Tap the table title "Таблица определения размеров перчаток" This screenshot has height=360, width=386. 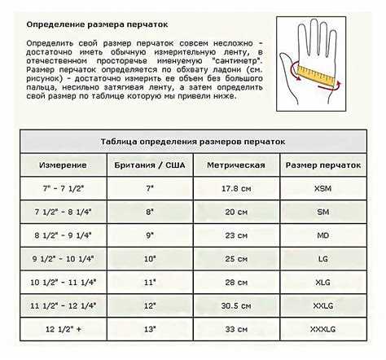pos(192,142)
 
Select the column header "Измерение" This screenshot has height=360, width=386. pos(64,165)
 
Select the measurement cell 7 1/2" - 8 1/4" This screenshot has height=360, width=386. pos(65,211)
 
